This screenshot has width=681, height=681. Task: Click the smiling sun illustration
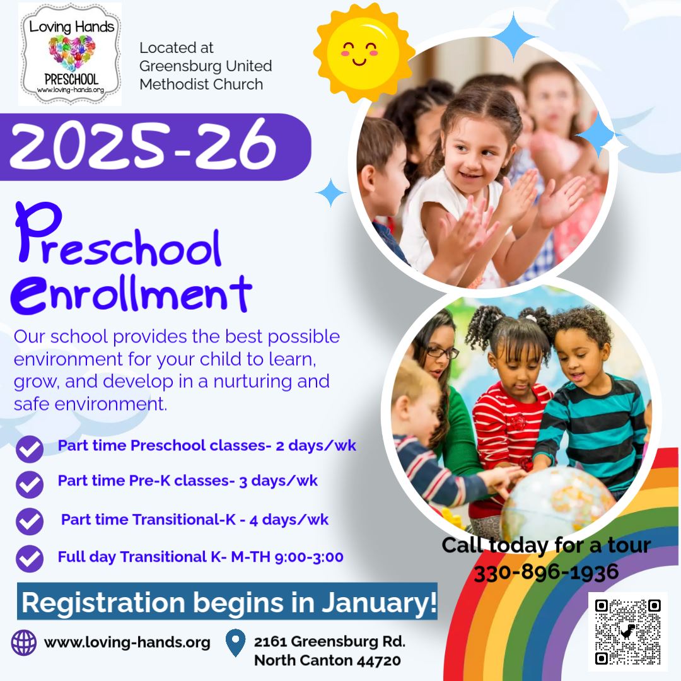click(x=364, y=52)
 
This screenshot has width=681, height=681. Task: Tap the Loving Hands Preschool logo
click(x=70, y=54)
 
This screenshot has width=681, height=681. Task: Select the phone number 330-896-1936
click(x=546, y=572)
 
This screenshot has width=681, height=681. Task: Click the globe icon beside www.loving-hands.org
click(x=24, y=643)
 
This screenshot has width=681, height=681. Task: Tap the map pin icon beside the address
click(x=236, y=643)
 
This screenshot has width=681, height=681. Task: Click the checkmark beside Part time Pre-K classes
click(x=30, y=484)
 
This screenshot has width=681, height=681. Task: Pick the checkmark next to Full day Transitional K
click(x=30, y=559)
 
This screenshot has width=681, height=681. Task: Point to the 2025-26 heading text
click(x=143, y=146)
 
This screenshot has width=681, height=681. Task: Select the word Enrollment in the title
click(x=131, y=294)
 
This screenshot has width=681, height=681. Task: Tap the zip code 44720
click(x=379, y=661)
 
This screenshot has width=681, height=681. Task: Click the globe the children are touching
click(x=559, y=503)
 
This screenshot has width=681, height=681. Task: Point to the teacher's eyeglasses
click(x=442, y=353)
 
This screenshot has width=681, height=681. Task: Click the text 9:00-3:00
click(x=309, y=557)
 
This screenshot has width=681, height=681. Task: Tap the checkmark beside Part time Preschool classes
click(x=30, y=449)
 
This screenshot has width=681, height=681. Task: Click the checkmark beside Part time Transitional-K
click(x=30, y=521)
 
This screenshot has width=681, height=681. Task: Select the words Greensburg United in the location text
click(x=206, y=66)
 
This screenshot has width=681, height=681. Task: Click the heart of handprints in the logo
click(x=72, y=52)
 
